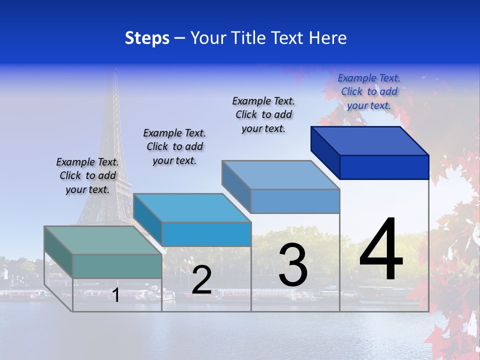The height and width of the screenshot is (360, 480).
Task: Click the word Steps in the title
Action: pos(147,38)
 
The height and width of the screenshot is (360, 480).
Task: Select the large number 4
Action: pos(381,250)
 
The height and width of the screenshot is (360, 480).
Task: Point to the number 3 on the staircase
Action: pos(293,265)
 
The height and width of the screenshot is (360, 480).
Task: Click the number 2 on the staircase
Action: pos(201,280)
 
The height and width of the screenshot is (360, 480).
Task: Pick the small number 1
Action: pos(116,295)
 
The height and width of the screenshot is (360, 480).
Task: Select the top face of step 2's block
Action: pos(192,208)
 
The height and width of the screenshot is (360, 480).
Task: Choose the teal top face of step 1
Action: pos(103,240)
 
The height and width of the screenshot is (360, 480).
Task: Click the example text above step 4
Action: pos(369,91)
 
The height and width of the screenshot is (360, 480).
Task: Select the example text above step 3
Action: pos(263,114)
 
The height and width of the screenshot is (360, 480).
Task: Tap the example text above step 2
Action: pos(174,146)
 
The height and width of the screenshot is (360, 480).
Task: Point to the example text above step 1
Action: pos(87,175)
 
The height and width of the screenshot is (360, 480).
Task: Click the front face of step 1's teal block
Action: pos(117,266)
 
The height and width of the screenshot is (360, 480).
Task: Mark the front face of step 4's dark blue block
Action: pos(384,167)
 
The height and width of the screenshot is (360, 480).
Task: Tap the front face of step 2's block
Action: pos(206,234)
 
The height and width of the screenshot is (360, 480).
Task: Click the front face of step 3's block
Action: pos(295,201)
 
